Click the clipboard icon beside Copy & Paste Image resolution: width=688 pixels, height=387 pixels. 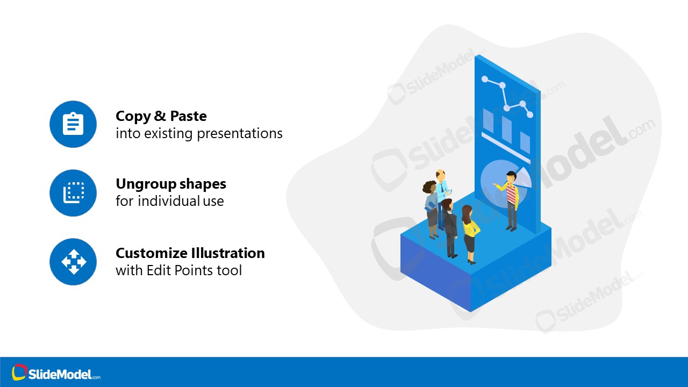(73, 124)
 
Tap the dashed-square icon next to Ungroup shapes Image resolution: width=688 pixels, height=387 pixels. (73, 192)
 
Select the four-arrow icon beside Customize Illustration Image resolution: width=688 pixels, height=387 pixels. (73, 262)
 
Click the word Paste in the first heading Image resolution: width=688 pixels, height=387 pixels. (188, 116)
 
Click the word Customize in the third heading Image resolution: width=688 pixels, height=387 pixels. (151, 253)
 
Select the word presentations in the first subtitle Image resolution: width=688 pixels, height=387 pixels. (240, 133)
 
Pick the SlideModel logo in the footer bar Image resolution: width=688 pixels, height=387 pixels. (56, 373)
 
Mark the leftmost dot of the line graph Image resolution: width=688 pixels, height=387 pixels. (485, 80)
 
